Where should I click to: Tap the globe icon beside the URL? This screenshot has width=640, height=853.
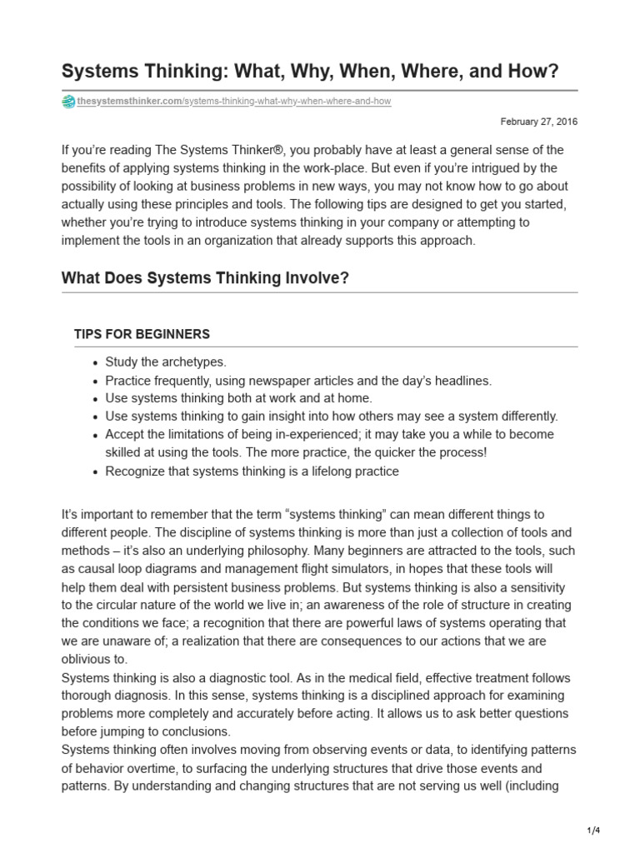(68, 102)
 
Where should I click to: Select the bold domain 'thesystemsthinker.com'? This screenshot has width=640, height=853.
(129, 102)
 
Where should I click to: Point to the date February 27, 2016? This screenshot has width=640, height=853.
(539, 122)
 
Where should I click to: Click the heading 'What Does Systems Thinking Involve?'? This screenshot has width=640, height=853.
(205, 278)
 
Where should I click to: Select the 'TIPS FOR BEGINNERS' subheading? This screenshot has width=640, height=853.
(142, 334)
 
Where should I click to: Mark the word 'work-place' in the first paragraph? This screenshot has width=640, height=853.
(315, 168)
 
